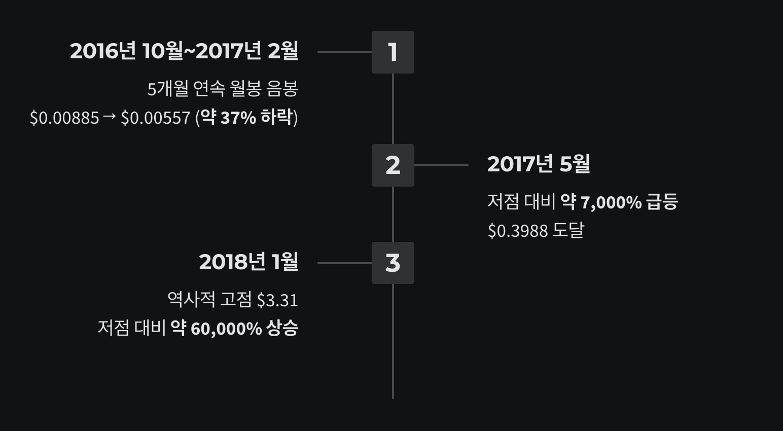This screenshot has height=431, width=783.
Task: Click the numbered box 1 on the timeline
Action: (x=393, y=52)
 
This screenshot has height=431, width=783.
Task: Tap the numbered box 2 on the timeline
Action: (x=393, y=165)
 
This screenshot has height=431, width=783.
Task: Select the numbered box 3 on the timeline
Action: (x=393, y=263)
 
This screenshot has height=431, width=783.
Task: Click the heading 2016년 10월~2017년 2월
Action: (x=184, y=51)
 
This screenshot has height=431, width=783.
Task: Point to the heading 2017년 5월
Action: (x=539, y=164)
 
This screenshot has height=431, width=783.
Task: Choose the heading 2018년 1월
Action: (x=248, y=262)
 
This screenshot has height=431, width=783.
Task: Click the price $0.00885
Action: (x=64, y=118)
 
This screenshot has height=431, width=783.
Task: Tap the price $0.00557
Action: (x=155, y=118)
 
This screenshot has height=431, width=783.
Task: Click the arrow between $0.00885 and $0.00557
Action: (x=110, y=117)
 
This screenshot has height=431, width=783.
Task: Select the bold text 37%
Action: (x=238, y=118)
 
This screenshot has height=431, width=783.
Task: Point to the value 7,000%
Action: (x=611, y=202)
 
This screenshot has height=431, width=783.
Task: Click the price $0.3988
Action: (x=518, y=231)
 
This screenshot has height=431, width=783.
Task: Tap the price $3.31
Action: (x=277, y=300)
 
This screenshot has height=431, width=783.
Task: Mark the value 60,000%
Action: (x=226, y=329)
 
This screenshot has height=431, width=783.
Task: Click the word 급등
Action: (x=662, y=202)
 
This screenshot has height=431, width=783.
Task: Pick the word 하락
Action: (x=276, y=117)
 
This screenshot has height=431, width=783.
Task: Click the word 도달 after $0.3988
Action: (x=568, y=230)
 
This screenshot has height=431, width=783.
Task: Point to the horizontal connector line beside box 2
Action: (x=441, y=165)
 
